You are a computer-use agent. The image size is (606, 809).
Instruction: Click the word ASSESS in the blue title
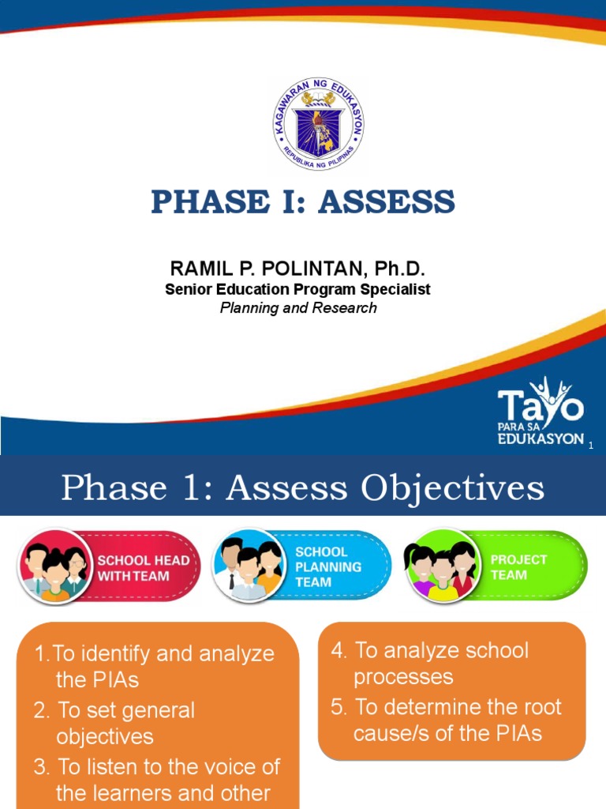tap(387, 202)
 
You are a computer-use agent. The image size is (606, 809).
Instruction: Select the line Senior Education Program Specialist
tap(297, 289)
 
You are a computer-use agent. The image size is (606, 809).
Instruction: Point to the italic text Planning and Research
tap(297, 308)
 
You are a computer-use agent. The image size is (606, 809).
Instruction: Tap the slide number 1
tap(589, 446)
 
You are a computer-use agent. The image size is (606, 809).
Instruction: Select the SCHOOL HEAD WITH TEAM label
tap(143, 567)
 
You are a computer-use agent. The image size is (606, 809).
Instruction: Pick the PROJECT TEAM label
tap(509, 566)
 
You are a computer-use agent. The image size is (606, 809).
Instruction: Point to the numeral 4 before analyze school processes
tap(338, 651)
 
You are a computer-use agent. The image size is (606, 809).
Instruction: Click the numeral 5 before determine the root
tap(338, 707)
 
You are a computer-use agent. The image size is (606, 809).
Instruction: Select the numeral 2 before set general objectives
tap(40, 710)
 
